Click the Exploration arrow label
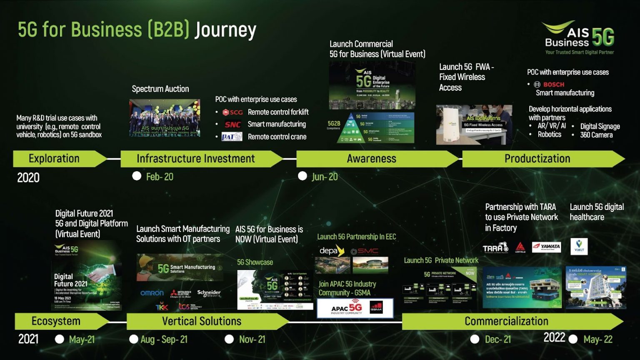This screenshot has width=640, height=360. pyautogui.click(x=54, y=159)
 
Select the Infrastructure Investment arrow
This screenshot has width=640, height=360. pyautogui.click(x=196, y=159)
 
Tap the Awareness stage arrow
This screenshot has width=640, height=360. pyautogui.click(x=372, y=159)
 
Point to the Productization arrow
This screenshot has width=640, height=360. pyautogui.click(x=537, y=159)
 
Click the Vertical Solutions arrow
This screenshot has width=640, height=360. pyautogui.click(x=202, y=321)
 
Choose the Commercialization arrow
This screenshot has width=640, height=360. pyautogui.click(x=506, y=321)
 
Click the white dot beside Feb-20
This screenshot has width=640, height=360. pyautogui.click(x=137, y=176)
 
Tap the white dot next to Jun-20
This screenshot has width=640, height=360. pyautogui.click(x=302, y=176)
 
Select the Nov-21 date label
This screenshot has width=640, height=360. pyautogui.click(x=252, y=340)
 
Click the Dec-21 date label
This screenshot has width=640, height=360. pyautogui.click(x=498, y=340)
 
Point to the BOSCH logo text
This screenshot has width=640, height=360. pyautogui.click(x=553, y=85)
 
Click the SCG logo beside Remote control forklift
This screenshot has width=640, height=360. pyautogui.click(x=232, y=112)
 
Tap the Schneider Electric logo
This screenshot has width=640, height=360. pyautogui.click(x=209, y=293)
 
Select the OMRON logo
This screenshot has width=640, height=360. pyautogui.click(x=152, y=293)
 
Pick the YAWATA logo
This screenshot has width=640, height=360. pyautogui.click(x=546, y=247)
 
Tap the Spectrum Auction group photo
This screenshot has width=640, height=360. pyautogui.click(x=165, y=118)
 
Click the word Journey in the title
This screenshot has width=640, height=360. pyautogui.click(x=225, y=30)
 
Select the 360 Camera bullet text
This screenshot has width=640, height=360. pyautogui.click(x=596, y=135)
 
